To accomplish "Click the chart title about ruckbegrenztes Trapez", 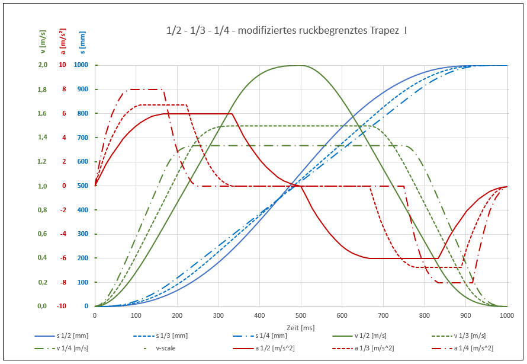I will [x=287, y=30].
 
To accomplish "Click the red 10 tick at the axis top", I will [x=62, y=65].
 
